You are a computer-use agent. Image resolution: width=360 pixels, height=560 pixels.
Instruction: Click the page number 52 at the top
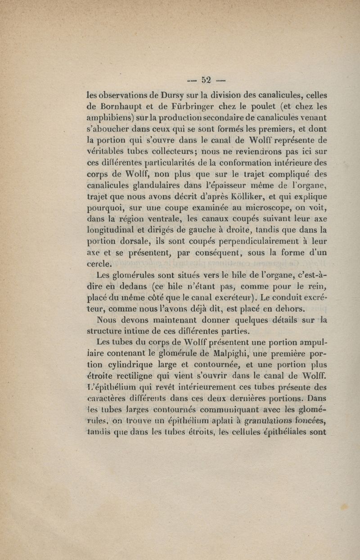(x=207, y=81)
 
